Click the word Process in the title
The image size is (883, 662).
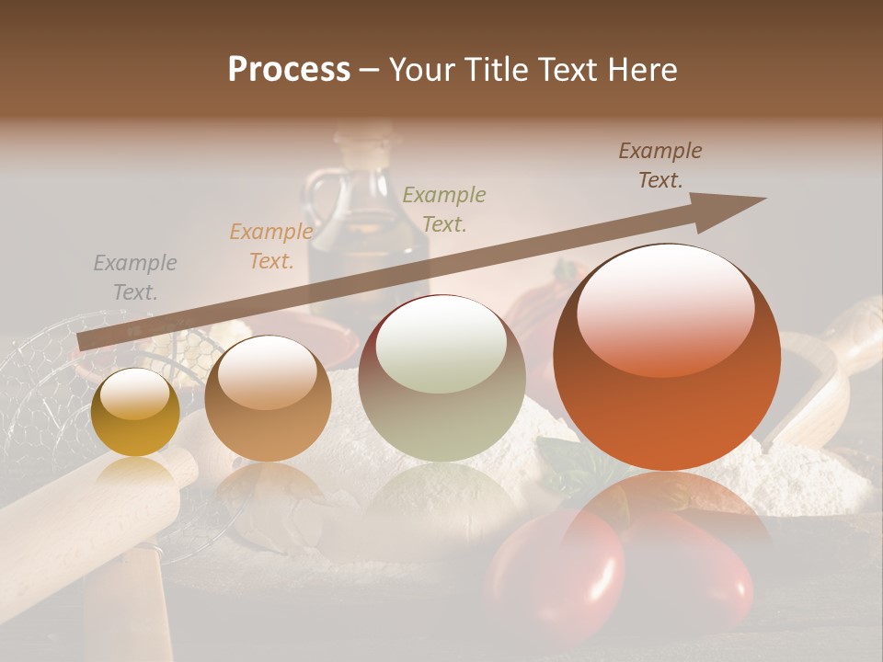point(289,70)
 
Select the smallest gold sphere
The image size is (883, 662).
point(136,413)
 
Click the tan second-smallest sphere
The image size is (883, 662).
point(268,398)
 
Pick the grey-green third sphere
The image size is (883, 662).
point(442,378)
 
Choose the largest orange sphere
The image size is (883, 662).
point(667,357)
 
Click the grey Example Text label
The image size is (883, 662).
point(135,278)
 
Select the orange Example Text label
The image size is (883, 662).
point(270,246)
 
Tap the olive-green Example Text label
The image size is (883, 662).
point(444,209)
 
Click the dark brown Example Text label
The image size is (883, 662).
point(660,165)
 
